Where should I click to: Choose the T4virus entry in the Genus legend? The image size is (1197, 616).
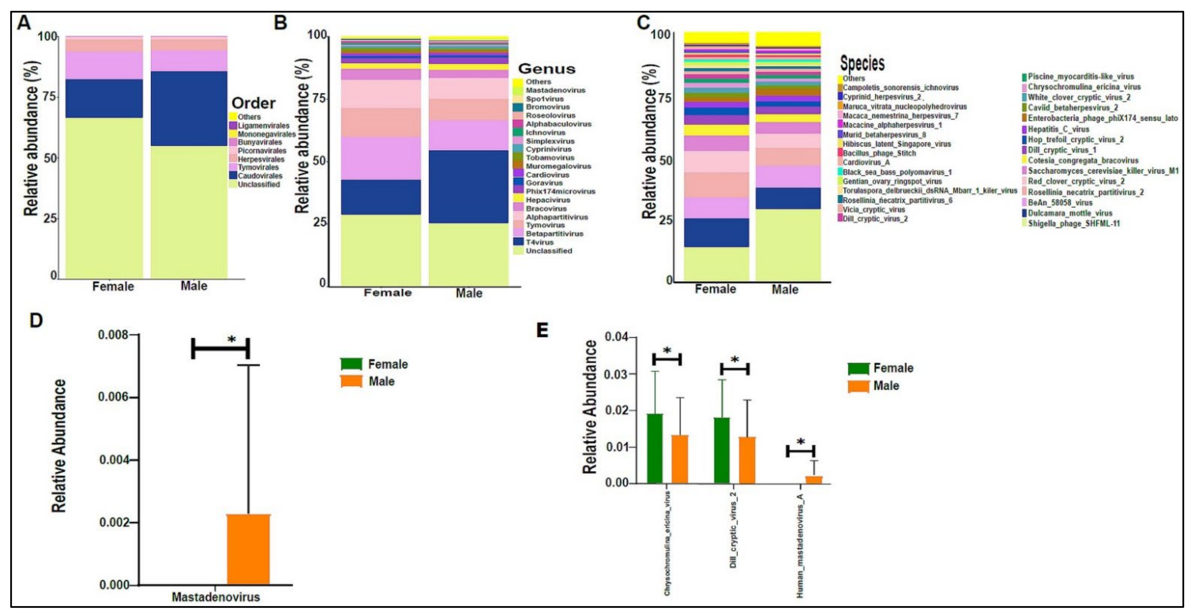pyautogui.click(x=540, y=242)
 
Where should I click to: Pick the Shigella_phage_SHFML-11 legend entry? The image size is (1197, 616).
pyautogui.click(x=1073, y=224)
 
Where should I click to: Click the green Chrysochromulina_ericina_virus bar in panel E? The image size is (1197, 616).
pyautogui.click(x=655, y=448)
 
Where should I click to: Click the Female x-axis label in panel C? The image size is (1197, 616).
pyautogui.click(x=715, y=289)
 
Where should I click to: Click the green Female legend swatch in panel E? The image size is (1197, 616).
pyautogui.click(x=858, y=369)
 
